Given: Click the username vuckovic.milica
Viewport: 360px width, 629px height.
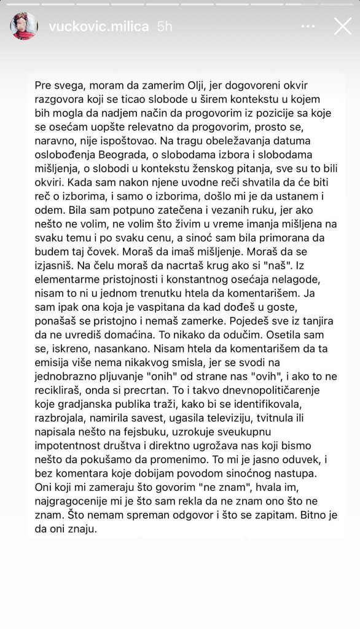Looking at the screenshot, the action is coord(98,26).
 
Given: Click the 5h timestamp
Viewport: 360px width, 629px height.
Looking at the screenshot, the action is coord(165,26).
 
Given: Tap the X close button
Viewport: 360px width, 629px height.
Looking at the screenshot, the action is coord(342,26).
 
